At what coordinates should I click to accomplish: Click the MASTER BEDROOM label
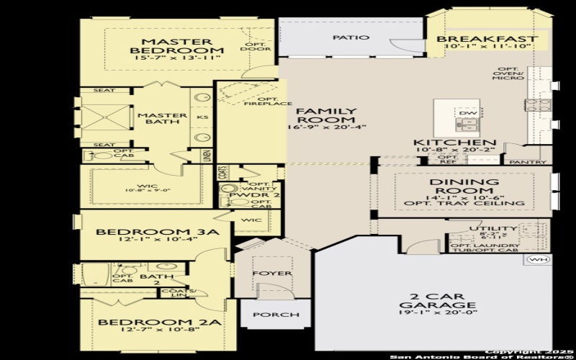[176, 46]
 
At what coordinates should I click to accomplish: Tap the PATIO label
[351, 37]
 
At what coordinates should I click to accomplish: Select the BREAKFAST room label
[487, 39]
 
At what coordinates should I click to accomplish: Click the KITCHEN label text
[454, 143]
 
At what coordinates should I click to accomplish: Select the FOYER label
[271, 274]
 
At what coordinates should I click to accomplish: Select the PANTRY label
[523, 163]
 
